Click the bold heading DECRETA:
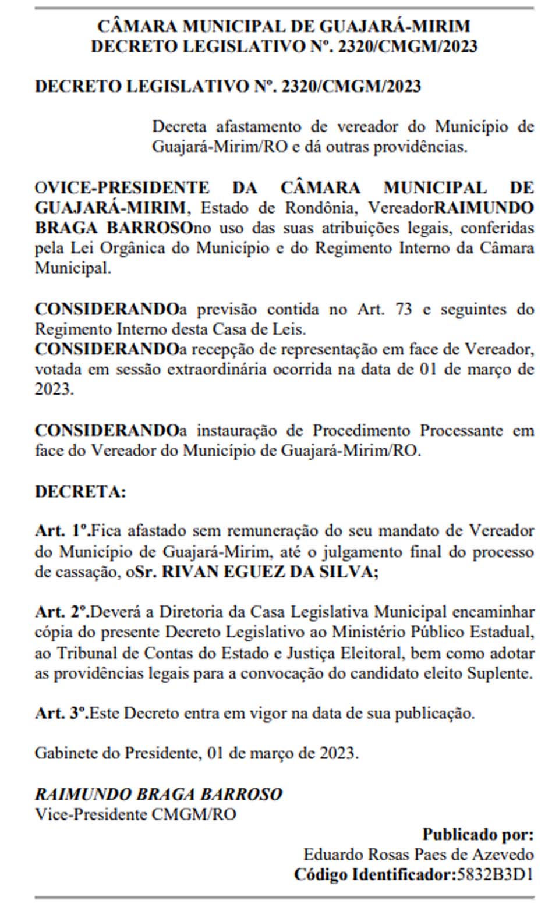80,491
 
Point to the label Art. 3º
61,713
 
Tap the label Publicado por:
477,834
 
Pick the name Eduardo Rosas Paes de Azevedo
418,855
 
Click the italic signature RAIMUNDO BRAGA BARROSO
158,794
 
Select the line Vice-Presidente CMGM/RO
136,814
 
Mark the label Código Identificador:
373,874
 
